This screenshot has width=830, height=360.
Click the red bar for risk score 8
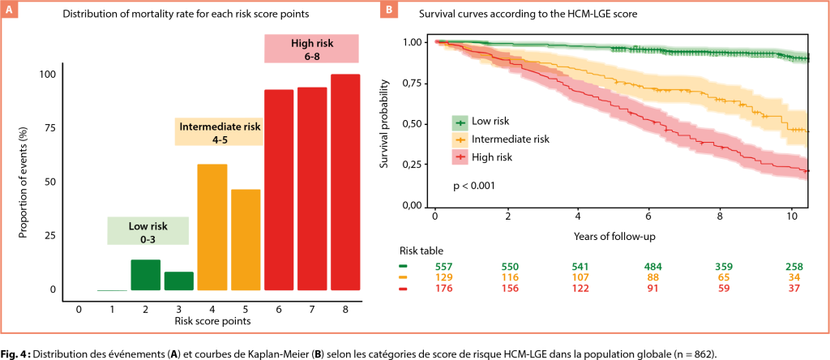(346, 182)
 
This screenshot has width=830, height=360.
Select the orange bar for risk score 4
(212, 227)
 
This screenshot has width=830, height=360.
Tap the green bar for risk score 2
(146, 274)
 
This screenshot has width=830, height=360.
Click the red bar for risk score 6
(279, 189)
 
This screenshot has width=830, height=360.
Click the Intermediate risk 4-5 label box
(220, 131)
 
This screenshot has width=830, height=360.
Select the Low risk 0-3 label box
(148, 231)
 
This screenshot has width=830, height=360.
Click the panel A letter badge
(11, 11)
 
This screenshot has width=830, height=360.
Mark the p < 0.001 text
(474, 186)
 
